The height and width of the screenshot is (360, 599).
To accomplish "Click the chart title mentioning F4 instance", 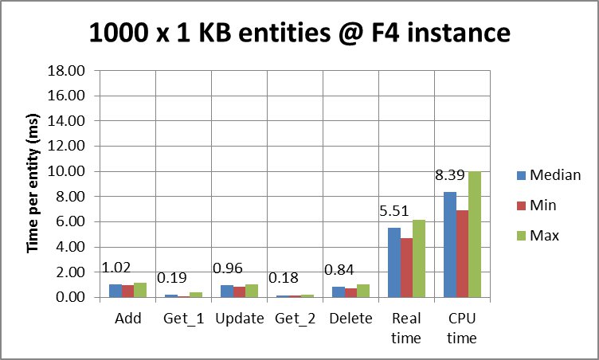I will (299, 33).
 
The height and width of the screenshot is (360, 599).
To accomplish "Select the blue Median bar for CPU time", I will (450, 245).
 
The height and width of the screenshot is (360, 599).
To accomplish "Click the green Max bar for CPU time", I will (475, 234).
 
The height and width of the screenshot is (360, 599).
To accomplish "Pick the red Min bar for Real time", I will (407, 268).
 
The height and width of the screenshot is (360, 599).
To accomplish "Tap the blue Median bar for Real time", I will (394, 262).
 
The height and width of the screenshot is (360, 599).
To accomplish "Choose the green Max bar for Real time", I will (419, 258).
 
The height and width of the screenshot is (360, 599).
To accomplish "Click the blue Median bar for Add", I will (115, 291).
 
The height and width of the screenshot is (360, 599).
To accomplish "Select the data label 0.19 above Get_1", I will (172, 280).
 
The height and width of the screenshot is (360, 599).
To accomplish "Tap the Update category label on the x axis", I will (240, 319).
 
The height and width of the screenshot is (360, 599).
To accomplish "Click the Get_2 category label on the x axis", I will (296, 319).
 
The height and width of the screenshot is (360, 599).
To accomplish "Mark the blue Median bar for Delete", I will (339, 292).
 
